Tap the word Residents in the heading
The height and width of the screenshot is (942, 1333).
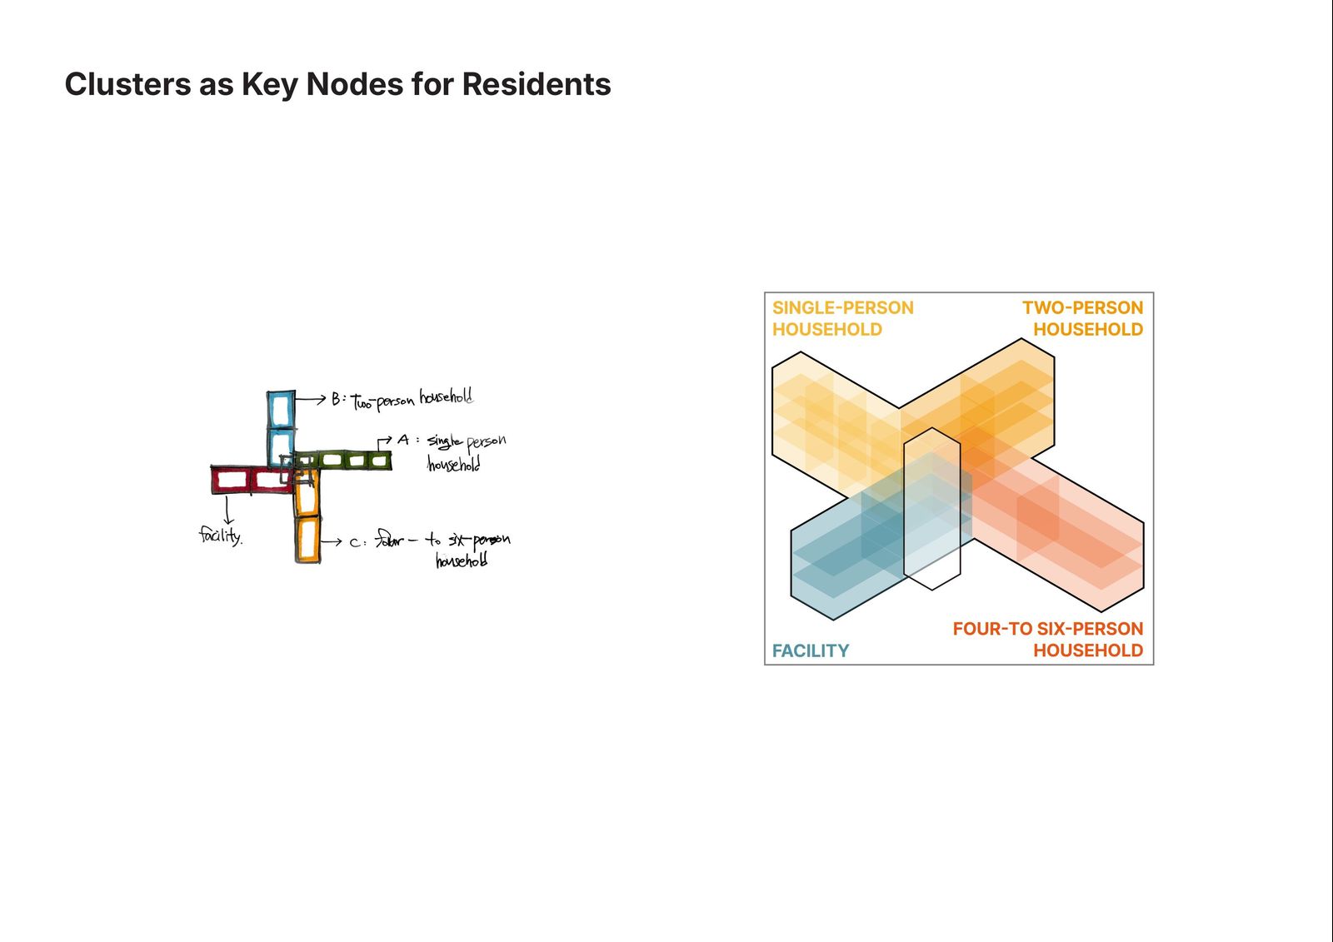tap(537, 84)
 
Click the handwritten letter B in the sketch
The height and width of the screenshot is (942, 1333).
tap(336, 399)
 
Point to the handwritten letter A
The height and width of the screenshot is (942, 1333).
tap(403, 440)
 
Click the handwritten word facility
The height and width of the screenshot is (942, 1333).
tap(220, 535)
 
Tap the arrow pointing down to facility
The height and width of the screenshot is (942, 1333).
tap(227, 509)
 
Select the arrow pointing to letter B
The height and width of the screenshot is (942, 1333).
tap(310, 400)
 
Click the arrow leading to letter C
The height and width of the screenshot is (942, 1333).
tap(331, 541)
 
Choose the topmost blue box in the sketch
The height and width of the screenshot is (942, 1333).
tap(281, 408)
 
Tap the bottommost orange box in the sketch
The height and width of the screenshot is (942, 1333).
tap(307, 540)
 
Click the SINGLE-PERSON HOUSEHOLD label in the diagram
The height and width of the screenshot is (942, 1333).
tap(842, 318)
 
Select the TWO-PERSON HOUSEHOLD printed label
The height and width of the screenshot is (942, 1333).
tap(1082, 318)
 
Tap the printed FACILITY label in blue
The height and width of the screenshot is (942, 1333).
tap(810, 650)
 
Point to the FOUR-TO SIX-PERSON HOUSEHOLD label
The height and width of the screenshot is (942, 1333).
tap(1047, 640)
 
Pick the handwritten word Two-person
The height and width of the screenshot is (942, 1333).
tap(382, 401)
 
